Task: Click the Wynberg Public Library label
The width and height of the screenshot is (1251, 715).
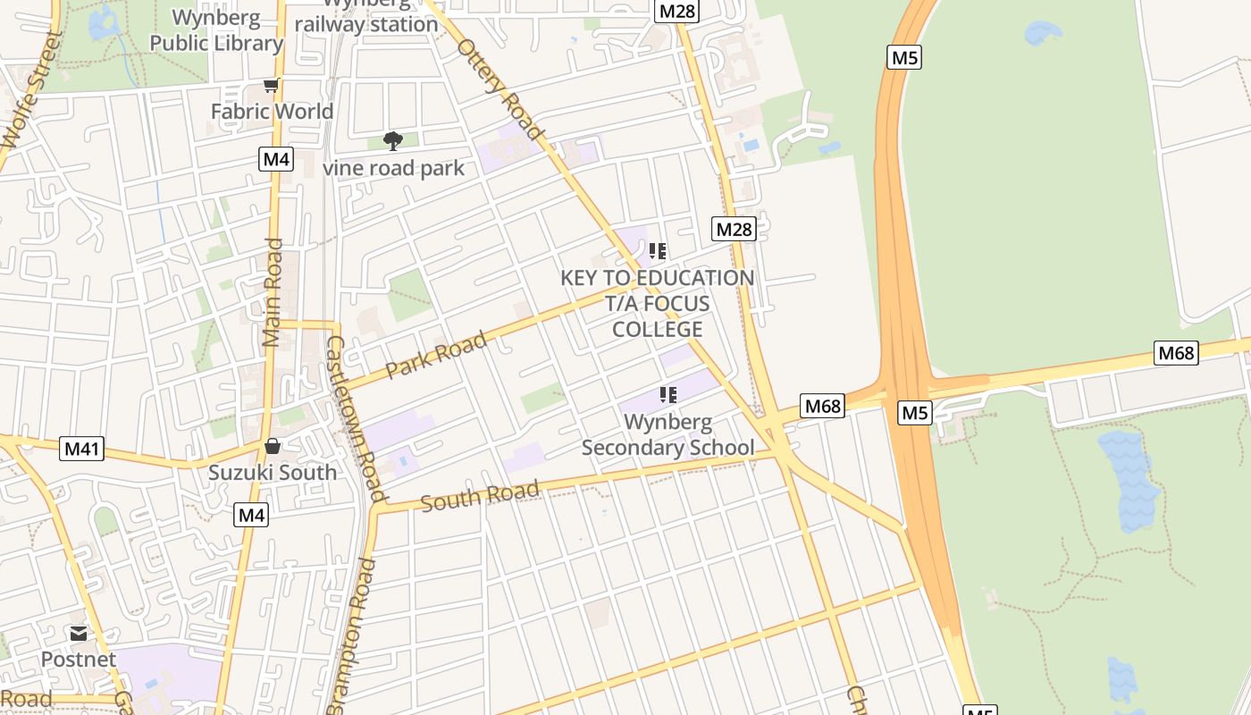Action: (216, 30)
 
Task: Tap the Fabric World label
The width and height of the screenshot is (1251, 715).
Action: (272, 112)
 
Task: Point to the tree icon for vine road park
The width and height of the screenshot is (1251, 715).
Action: (392, 140)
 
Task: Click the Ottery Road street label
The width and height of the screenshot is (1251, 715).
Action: (500, 88)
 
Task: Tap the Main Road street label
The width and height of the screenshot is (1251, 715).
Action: (273, 292)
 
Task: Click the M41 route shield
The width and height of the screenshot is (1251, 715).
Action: (81, 448)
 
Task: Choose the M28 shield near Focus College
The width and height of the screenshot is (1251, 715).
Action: (734, 230)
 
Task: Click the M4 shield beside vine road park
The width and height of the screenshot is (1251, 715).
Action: (276, 160)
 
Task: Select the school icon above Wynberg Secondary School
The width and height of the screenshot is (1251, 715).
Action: (667, 394)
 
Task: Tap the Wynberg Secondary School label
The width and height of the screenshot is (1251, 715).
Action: (667, 434)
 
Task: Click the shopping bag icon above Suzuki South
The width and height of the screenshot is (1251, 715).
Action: (273, 445)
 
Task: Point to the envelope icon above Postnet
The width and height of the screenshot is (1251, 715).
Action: (79, 634)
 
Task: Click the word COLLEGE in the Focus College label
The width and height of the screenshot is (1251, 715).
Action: (657, 329)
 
